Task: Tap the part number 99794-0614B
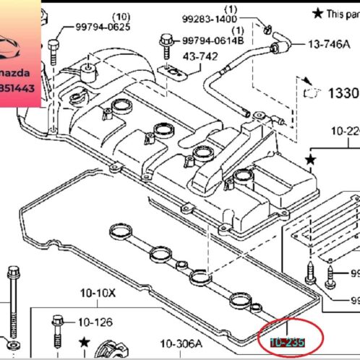[x=211, y=41]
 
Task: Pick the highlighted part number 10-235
[x=287, y=342]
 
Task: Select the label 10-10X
[x=98, y=293]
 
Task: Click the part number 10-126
[x=95, y=322]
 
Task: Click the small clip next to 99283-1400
[x=267, y=30]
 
